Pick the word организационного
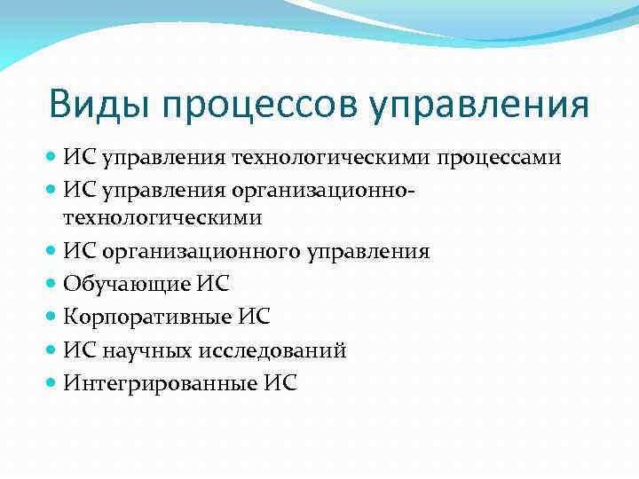(x=201, y=252)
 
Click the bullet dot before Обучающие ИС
(x=52, y=284)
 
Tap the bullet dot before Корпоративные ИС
(x=52, y=317)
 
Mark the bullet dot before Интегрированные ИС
(x=52, y=382)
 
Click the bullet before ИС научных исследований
(x=52, y=349)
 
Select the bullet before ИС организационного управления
(x=52, y=251)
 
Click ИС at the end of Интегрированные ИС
(x=280, y=383)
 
